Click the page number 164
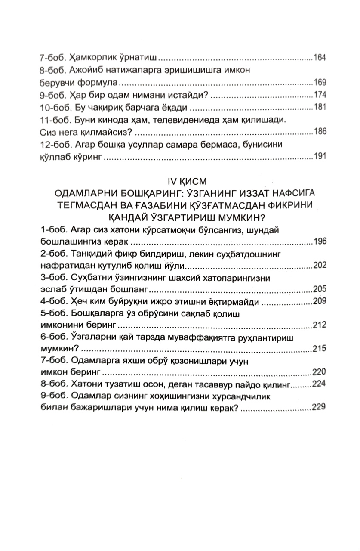[x=320, y=57]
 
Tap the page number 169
[x=320, y=82]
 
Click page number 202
[x=320, y=265]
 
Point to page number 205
[x=320, y=289]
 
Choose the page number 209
[x=320, y=301]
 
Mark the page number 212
[x=320, y=325]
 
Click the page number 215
[x=320, y=349]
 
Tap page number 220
[x=320, y=372]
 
